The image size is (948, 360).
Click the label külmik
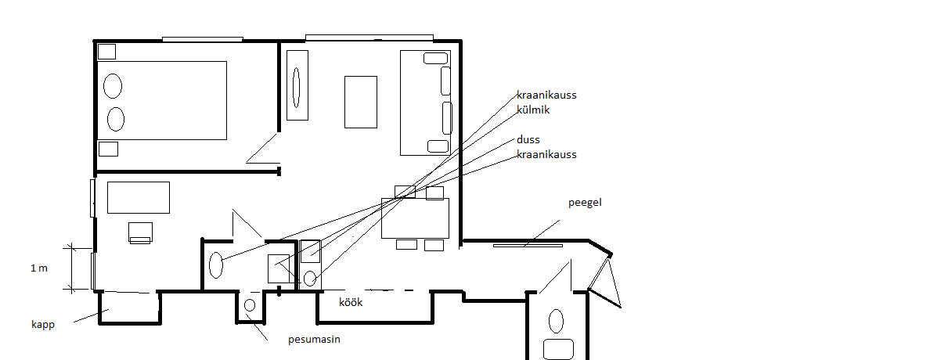click(533, 110)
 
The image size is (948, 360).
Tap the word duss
click(528, 139)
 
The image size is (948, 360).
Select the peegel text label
click(585, 203)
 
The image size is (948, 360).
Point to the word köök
click(351, 302)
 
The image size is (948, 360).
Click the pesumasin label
click(314, 340)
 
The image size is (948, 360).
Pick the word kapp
click(43, 325)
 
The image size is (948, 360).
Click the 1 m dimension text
click(39, 268)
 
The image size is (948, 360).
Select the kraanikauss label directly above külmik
click(546, 95)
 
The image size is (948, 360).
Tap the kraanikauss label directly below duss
click(546, 154)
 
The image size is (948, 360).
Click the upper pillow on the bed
click(113, 86)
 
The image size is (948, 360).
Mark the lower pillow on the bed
click(116, 119)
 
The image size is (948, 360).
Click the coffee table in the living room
click(361, 102)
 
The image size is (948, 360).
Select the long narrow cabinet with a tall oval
click(297, 85)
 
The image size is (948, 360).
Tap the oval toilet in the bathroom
click(216, 265)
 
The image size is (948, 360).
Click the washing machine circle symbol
click(250, 305)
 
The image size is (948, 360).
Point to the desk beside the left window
click(139, 197)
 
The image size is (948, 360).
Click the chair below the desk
click(140, 233)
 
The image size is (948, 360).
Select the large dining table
click(415, 218)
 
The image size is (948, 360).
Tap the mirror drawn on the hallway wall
click(528, 246)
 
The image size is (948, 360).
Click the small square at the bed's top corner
click(106, 52)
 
